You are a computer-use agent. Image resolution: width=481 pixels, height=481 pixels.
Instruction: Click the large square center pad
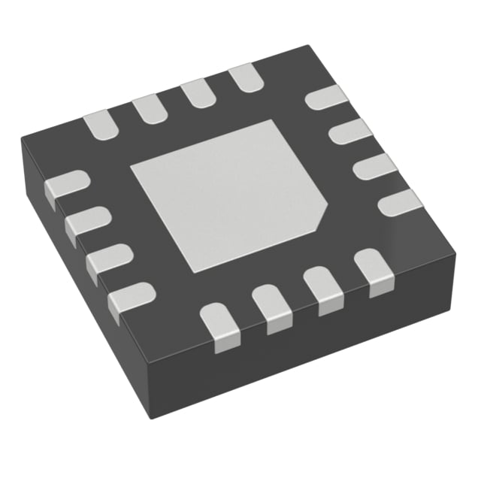point(225,195)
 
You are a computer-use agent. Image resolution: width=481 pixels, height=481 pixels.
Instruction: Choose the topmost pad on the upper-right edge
point(328,98)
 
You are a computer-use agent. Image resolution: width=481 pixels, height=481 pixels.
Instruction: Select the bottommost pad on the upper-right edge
point(399,201)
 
